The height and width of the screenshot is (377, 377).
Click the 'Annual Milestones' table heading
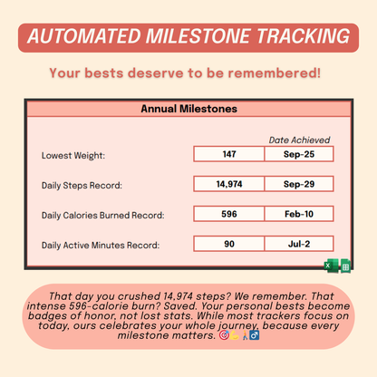click(x=188, y=109)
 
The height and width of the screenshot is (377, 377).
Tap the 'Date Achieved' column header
click(x=299, y=140)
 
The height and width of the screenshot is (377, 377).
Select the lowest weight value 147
click(x=228, y=155)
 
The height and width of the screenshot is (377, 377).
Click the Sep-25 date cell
click(x=299, y=155)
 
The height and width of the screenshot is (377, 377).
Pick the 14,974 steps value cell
click(x=228, y=184)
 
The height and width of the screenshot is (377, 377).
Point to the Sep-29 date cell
click(x=299, y=184)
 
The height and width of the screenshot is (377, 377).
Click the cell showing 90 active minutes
click(x=228, y=244)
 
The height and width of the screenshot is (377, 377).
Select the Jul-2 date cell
click(x=299, y=244)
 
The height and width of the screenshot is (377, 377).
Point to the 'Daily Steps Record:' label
click(x=82, y=186)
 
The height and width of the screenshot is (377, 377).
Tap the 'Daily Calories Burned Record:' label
click(x=102, y=216)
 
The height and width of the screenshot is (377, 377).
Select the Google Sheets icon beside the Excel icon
click(x=345, y=266)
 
